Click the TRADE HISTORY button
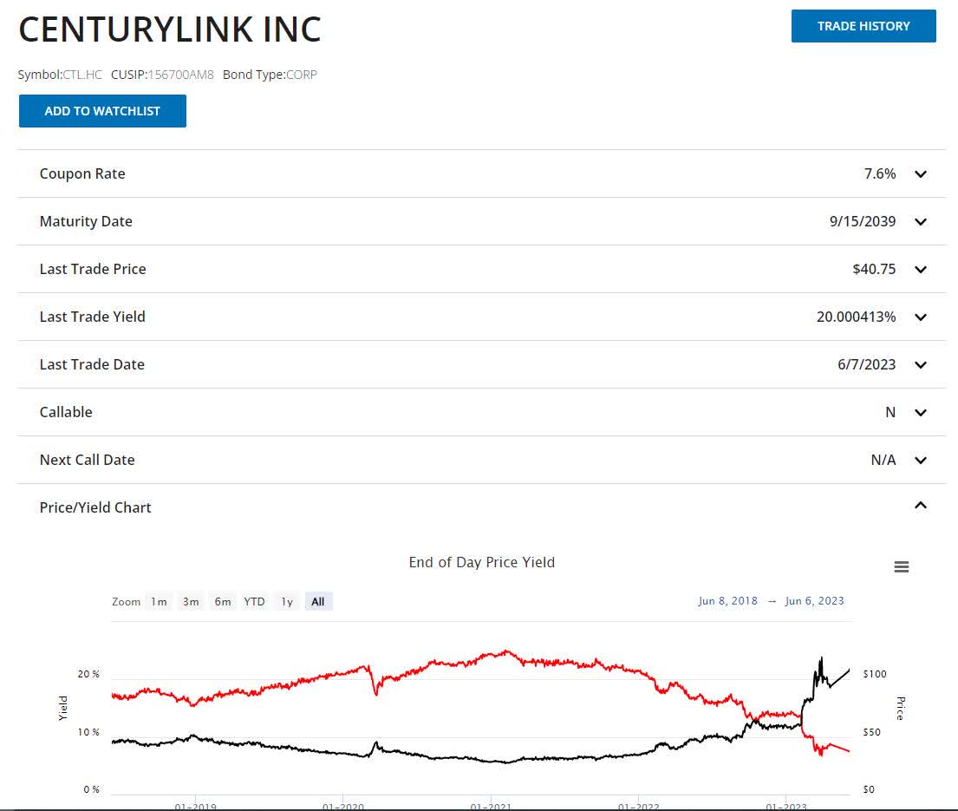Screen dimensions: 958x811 (x=864, y=26)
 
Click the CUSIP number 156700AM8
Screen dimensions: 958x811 (x=181, y=75)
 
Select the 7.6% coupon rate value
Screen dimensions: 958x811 (x=880, y=173)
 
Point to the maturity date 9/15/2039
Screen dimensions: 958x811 (x=863, y=221)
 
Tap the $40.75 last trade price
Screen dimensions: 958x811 (x=874, y=269)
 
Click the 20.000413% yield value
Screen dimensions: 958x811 (x=856, y=317)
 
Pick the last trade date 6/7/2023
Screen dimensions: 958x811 (x=866, y=364)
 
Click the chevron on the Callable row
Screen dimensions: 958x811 (x=921, y=413)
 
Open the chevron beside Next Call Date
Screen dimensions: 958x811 (x=921, y=461)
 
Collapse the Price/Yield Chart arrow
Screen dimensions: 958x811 (x=921, y=506)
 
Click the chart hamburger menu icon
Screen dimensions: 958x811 (x=901, y=567)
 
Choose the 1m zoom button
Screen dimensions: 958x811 (x=159, y=601)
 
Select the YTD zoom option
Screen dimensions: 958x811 (x=254, y=601)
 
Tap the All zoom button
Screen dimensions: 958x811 (x=317, y=601)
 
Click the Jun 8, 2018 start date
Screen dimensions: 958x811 (x=727, y=601)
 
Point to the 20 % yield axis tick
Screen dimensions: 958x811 (x=88, y=674)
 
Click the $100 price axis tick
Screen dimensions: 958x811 (x=874, y=674)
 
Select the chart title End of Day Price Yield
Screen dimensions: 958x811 (x=481, y=562)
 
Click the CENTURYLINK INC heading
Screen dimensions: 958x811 (x=170, y=29)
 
